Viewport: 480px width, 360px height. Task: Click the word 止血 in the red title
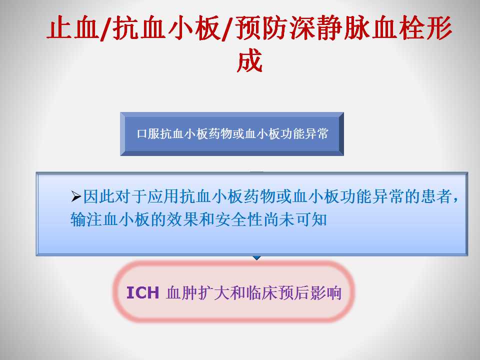[x=73, y=28]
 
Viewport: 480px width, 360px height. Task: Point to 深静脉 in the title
[x=330, y=28]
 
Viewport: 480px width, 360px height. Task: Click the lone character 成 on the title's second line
[x=249, y=60]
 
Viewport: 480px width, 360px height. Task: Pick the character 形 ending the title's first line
[x=439, y=28]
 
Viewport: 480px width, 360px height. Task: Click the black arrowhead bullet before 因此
[x=76, y=196]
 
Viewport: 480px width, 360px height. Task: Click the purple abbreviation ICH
[x=142, y=292]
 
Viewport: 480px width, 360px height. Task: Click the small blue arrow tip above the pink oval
[x=256, y=258]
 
